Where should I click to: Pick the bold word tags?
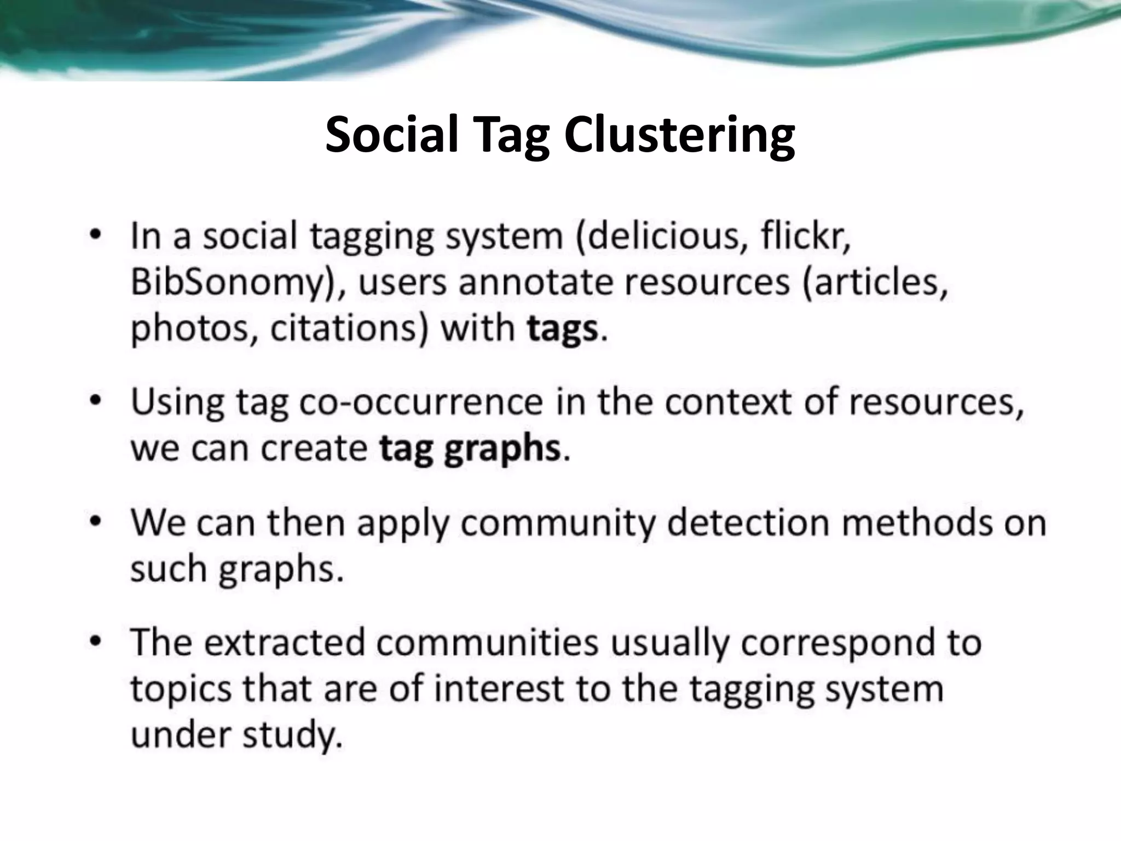563,329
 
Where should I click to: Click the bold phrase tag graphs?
470,449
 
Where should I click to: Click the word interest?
499,689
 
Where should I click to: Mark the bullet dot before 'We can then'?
96,521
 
